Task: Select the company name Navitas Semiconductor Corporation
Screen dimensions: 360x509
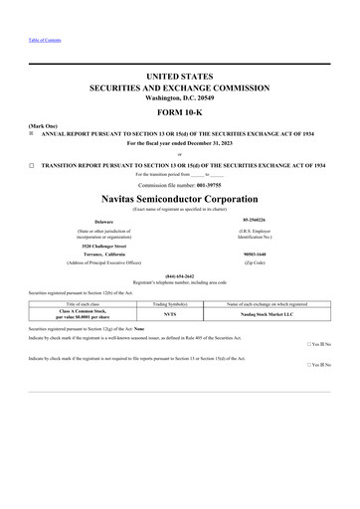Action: pyautogui.click(x=179, y=198)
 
